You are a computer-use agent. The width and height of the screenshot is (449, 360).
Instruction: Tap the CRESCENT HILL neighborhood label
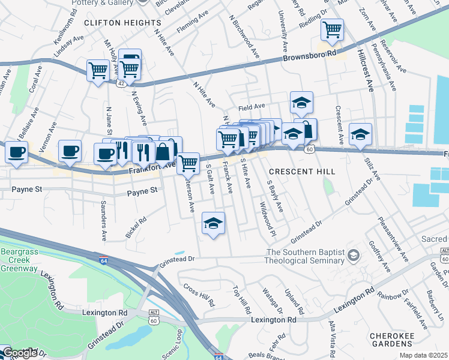(x=301, y=172)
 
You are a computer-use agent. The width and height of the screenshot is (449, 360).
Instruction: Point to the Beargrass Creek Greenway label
(x=18, y=260)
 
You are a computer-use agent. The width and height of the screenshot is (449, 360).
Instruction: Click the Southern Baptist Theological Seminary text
(x=306, y=256)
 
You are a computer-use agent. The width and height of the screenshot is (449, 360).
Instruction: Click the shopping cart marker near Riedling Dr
(x=331, y=29)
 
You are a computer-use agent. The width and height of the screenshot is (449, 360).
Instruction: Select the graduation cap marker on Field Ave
(x=301, y=103)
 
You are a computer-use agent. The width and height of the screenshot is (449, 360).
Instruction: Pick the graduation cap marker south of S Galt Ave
(x=212, y=224)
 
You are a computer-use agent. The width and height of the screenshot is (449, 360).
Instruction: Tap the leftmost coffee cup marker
(x=16, y=152)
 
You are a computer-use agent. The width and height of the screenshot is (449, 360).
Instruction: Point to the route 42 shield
(x=122, y=83)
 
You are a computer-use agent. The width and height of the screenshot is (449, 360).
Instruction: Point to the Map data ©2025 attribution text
(x=423, y=355)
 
